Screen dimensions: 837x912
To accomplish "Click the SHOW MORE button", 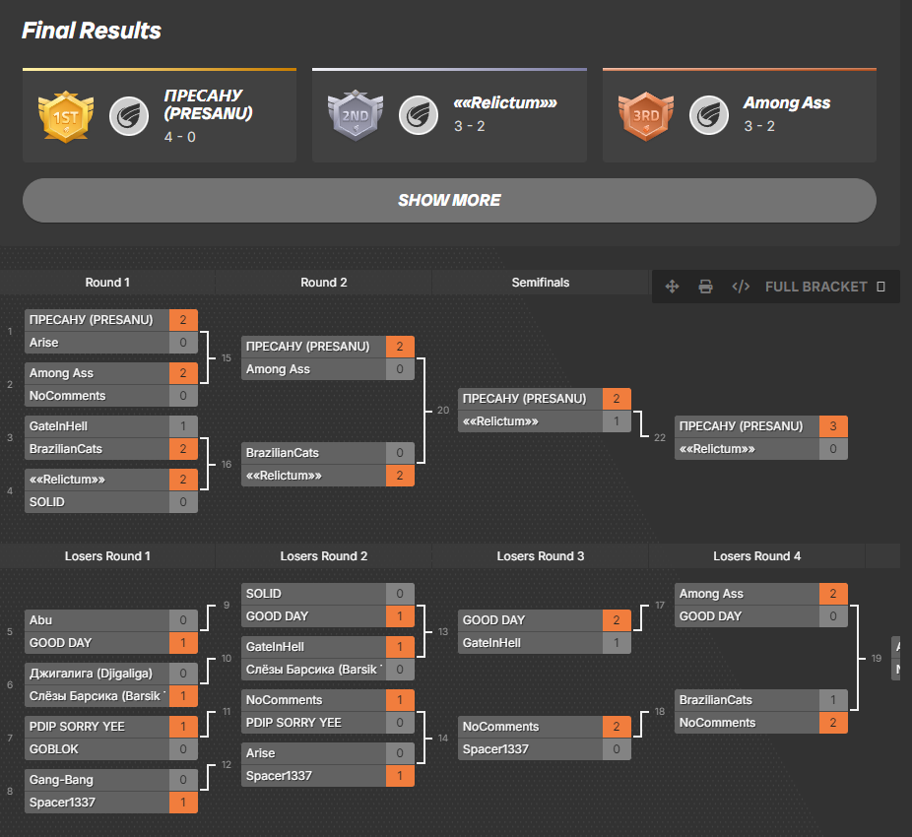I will click(449, 200).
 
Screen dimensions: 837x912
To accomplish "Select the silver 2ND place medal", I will click(354, 116).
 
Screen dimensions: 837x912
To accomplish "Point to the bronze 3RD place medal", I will click(645, 116).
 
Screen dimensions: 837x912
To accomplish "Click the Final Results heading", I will click(92, 31).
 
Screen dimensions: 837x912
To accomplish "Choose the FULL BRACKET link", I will click(815, 287).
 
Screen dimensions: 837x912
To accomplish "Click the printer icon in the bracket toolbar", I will click(705, 287).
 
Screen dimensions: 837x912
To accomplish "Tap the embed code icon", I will click(741, 287).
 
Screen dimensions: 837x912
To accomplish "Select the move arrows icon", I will click(673, 287).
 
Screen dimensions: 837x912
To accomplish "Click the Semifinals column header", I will click(540, 283).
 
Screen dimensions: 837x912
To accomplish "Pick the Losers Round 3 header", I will click(540, 556).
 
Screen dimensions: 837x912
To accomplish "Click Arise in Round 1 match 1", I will click(44, 343).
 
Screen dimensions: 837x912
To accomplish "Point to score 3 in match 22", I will click(833, 426).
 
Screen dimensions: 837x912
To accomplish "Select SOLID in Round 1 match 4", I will click(47, 502).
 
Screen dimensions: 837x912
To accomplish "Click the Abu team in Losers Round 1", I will click(41, 620).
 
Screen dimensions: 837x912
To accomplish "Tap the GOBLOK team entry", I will click(54, 749).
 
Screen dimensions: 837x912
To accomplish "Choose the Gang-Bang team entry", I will click(61, 780).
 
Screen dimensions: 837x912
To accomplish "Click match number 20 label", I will click(443, 410).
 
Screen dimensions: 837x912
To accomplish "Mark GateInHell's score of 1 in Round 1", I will click(183, 426).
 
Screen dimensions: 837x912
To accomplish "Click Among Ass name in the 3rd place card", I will click(786, 102).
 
